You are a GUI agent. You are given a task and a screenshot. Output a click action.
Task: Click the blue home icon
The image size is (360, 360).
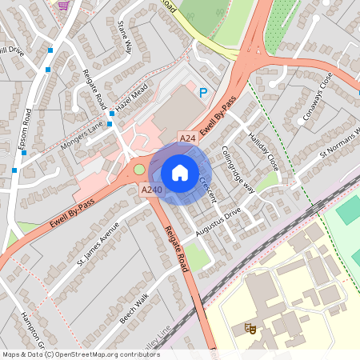179,173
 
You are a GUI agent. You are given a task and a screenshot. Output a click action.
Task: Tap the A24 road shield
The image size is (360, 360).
188,139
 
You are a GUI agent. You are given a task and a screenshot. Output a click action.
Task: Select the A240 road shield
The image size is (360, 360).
152,190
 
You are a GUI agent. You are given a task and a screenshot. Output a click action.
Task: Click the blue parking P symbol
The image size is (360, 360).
203,94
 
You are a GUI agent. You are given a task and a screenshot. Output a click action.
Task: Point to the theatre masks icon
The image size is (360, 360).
249,328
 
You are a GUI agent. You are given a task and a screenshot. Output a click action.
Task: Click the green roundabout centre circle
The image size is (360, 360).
140,169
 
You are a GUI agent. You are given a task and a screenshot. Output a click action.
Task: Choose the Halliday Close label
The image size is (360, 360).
262,146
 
